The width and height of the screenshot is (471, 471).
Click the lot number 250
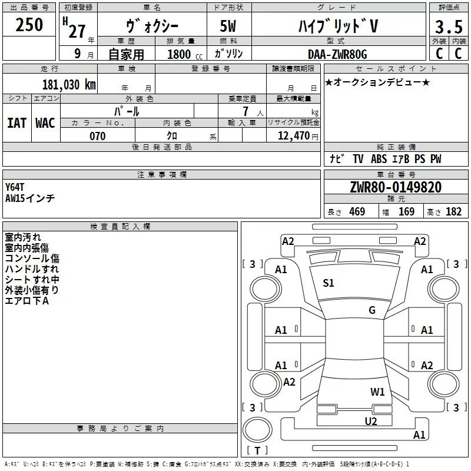tap(29, 25)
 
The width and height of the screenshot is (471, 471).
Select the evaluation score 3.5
tap(448, 26)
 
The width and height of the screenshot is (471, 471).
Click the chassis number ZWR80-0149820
tap(396, 187)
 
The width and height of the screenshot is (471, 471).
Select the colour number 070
tap(97, 136)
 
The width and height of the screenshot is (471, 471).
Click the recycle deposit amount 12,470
tap(294, 136)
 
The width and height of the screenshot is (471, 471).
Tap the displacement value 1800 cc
tap(179, 54)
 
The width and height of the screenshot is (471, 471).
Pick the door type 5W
tap(229, 26)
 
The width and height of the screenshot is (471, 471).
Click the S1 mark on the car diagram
tap(329, 283)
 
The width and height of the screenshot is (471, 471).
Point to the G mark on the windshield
tap(372, 310)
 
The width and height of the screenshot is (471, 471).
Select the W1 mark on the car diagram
tap(377, 392)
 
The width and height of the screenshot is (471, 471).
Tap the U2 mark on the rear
tap(371, 420)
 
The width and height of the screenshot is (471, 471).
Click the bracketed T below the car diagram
tap(257, 451)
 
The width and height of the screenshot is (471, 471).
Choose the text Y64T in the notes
tap(15, 187)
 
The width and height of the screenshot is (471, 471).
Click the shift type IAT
tap(17, 122)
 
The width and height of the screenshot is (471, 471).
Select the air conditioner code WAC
tap(45, 122)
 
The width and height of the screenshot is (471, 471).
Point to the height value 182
tap(453, 212)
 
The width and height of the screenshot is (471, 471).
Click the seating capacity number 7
tap(252, 111)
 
